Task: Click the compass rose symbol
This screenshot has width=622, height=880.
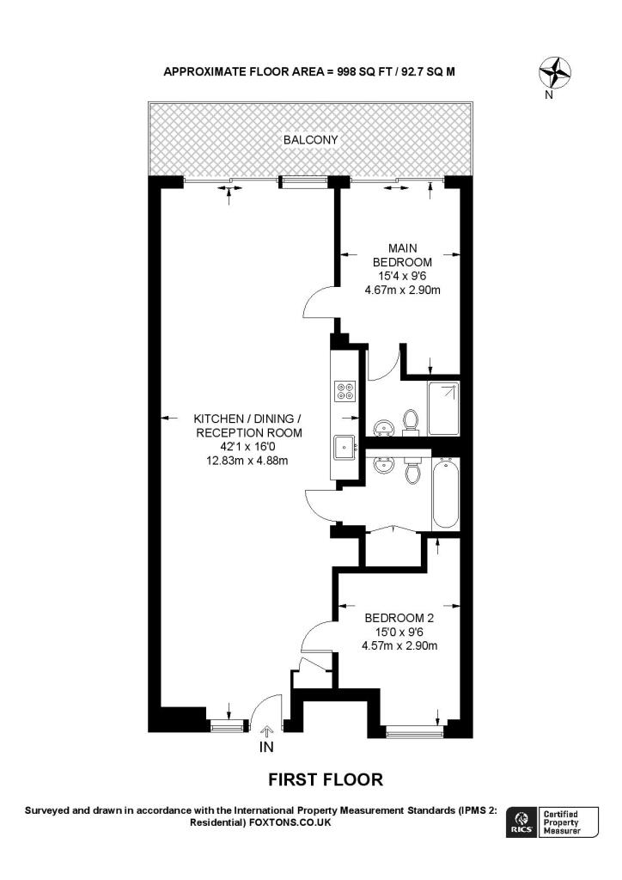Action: pos(555,71)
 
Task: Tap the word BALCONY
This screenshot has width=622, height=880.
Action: pos(310,139)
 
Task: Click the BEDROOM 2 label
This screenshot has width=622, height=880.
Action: pos(399,618)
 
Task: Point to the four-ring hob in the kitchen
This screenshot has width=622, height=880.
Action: pos(345,392)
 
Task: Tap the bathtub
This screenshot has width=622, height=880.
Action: pos(446,495)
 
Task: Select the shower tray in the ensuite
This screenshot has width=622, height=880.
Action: pos(444,408)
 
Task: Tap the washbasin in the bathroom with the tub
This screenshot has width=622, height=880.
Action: pos(382,465)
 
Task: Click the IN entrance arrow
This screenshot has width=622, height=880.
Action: pos(266,730)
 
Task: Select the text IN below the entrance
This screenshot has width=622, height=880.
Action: pos(266,748)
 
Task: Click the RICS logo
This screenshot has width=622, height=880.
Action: pos(521,822)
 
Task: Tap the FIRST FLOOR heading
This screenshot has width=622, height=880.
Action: pos(326,780)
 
